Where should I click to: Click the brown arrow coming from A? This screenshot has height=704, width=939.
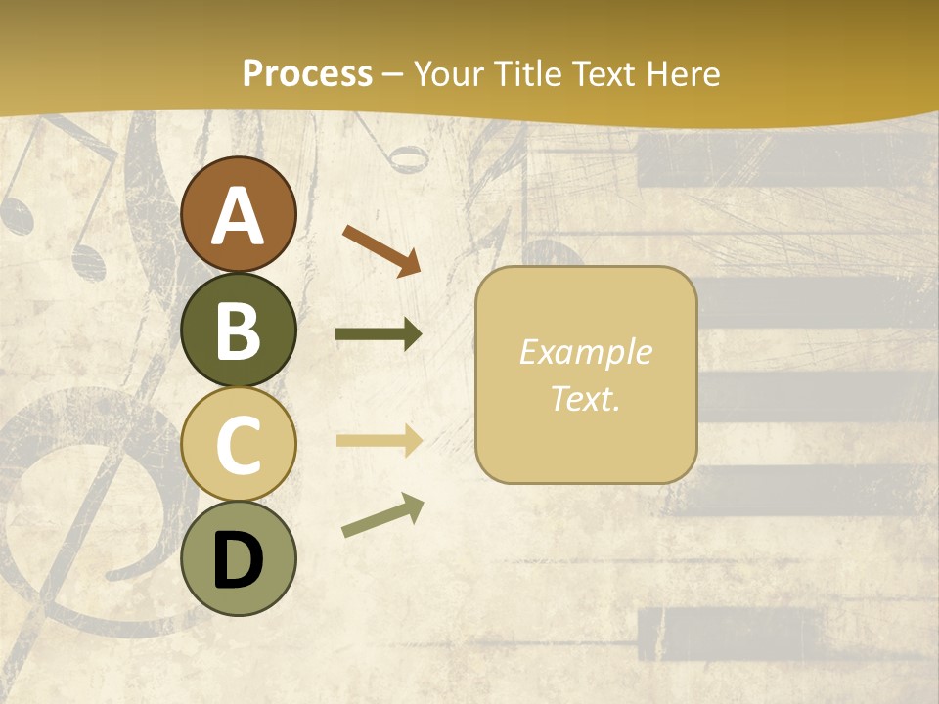(381, 249)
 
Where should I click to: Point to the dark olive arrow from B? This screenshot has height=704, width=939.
(379, 334)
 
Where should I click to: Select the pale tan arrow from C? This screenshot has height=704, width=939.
(379, 441)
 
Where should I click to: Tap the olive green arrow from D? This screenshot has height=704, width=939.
(382, 515)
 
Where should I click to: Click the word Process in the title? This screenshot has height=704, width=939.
(307, 73)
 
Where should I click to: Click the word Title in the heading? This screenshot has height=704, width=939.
(526, 73)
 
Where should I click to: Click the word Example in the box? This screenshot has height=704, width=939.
(585, 353)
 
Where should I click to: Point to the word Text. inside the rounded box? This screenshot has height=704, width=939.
(585, 398)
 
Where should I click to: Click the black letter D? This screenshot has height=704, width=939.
(239, 560)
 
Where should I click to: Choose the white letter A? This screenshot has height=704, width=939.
(239, 216)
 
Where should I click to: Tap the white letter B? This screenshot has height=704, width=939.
(239, 330)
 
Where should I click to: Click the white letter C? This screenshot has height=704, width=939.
(239, 445)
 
